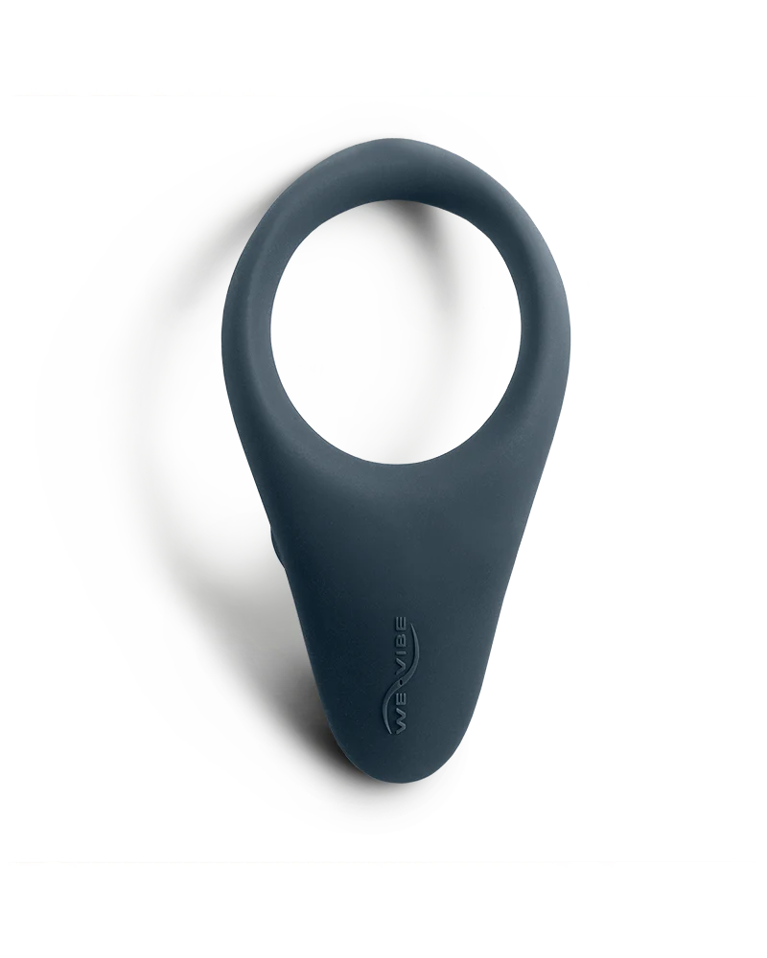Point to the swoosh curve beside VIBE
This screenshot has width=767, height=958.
pos(412,661)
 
